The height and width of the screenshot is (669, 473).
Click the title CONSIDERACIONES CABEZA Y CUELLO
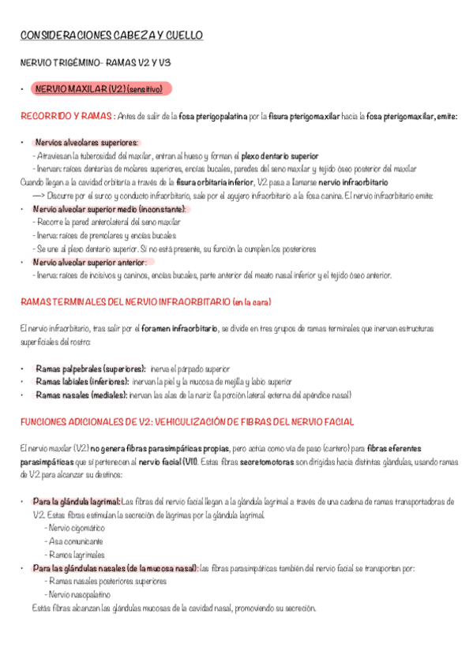point(111,36)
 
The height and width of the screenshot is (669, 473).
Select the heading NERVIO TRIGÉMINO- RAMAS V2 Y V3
point(98,62)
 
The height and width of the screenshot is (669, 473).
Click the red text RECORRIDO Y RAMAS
point(66,116)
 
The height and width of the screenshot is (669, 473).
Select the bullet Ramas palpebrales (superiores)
point(91,368)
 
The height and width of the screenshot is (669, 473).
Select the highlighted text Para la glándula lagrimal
point(77,501)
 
